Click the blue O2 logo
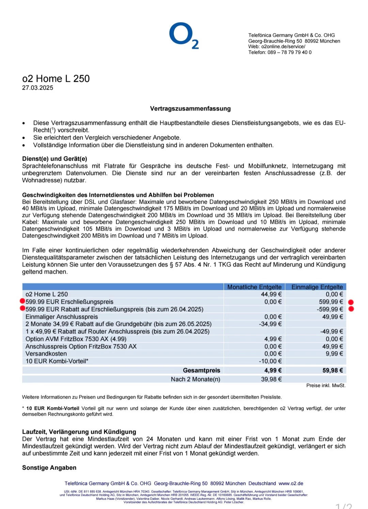184,35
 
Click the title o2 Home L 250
56,79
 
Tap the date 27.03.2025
37,88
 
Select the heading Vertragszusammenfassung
190,109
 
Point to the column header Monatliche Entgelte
254,287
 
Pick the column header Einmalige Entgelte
317,287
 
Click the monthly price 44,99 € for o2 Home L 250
271,294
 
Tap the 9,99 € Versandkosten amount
334,354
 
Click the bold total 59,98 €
333,370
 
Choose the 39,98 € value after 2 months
271,379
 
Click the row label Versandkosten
46,354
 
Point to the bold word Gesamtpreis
201,370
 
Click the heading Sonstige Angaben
49,468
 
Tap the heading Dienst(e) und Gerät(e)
55,159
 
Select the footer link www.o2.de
291,483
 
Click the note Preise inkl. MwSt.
326,386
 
